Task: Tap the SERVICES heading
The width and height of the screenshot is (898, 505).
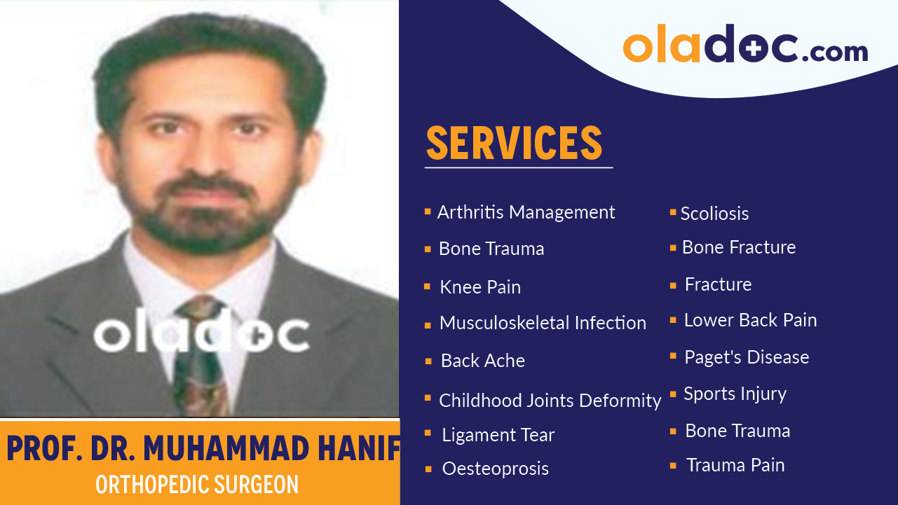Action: tap(514, 144)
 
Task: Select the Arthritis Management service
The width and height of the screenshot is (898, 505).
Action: tap(526, 212)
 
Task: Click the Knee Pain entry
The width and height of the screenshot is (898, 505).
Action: tap(479, 287)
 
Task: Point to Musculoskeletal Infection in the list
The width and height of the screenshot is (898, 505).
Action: tap(543, 323)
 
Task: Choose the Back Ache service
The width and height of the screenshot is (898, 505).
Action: tap(482, 361)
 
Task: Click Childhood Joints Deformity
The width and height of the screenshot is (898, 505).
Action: tap(550, 401)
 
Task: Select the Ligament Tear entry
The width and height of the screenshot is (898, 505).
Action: tap(498, 435)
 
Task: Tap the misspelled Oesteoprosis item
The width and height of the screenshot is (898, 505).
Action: tap(495, 469)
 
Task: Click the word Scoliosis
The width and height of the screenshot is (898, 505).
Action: tap(714, 214)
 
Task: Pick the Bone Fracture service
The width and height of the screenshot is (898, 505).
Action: tap(738, 247)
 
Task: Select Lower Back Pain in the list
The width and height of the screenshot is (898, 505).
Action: tap(750, 320)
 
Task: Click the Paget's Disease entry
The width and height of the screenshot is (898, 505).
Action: tap(747, 357)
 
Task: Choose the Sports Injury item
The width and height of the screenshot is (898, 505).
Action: tap(735, 394)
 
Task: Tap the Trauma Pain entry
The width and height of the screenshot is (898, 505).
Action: tap(735, 465)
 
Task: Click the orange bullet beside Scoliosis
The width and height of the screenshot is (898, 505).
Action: tap(673, 212)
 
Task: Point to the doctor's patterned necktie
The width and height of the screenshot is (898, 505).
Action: tap(200, 357)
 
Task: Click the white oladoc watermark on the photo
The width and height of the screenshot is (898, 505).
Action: tap(201, 335)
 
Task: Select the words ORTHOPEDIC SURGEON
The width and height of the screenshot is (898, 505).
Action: tap(197, 485)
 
